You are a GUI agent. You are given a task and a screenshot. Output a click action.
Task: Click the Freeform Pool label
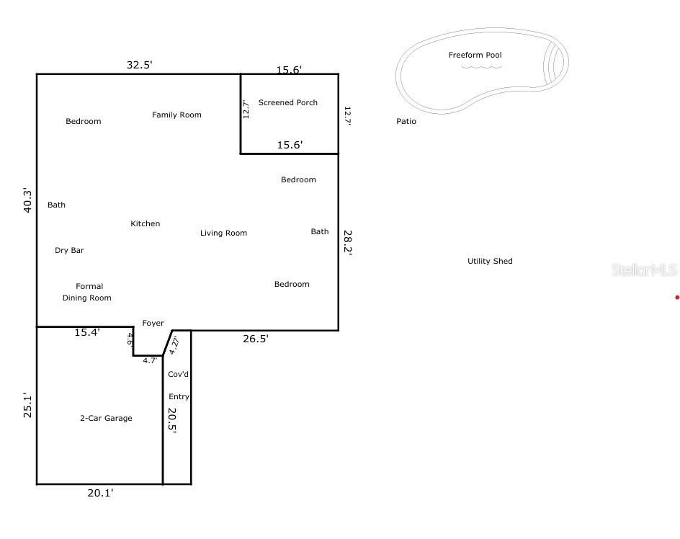pyautogui.click(x=475, y=55)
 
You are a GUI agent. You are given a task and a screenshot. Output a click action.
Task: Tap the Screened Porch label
pyautogui.click(x=288, y=102)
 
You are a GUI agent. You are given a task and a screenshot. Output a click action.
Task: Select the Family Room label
pyautogui.click(x=176, y=115)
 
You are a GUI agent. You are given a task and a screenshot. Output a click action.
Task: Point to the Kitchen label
pyautogui.click(x=146, y=223)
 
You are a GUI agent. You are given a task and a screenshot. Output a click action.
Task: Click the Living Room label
pyautogui.click(x=223, y=233)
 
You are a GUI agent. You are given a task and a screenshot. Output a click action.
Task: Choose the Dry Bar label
pyautogui.click(x=69, y=251)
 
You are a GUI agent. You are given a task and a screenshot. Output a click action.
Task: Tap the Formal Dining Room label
pyautogui.click(x=86, y=292)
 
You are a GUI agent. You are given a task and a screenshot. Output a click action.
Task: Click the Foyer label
pyautogui.click(x=153, y=324)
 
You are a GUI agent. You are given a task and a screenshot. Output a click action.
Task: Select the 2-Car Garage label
pyautogui.click(x=107, y=418)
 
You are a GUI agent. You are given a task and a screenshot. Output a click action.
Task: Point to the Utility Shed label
pyautogui.click(x=490, y=261)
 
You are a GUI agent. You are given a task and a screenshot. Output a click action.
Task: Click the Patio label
pyautogui.click(x=406, y=122)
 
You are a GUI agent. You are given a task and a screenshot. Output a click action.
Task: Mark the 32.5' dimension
pyautogui.click(x=140, y=65)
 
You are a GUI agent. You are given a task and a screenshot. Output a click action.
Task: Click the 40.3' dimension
pyautogui.click(x=27, y=200)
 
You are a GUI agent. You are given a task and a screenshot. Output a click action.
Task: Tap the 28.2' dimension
pyautogui.click(x=348, y=243)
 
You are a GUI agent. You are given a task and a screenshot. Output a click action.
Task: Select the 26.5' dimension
pyautogui.click(x=256, y=339)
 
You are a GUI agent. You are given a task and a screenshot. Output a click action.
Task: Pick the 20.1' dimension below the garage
pyautogui.click(x=100, y=493)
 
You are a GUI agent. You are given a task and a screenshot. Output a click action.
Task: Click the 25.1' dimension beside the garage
pyautogui.click(x=27, y=406)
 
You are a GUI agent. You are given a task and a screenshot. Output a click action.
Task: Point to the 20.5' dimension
pyautogui.click(x=172, y=421)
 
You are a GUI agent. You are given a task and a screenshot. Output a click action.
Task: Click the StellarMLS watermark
pyautogui.click(x=645, y=270)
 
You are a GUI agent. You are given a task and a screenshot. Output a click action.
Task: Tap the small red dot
pyautogui.click(x=677, y=298)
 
